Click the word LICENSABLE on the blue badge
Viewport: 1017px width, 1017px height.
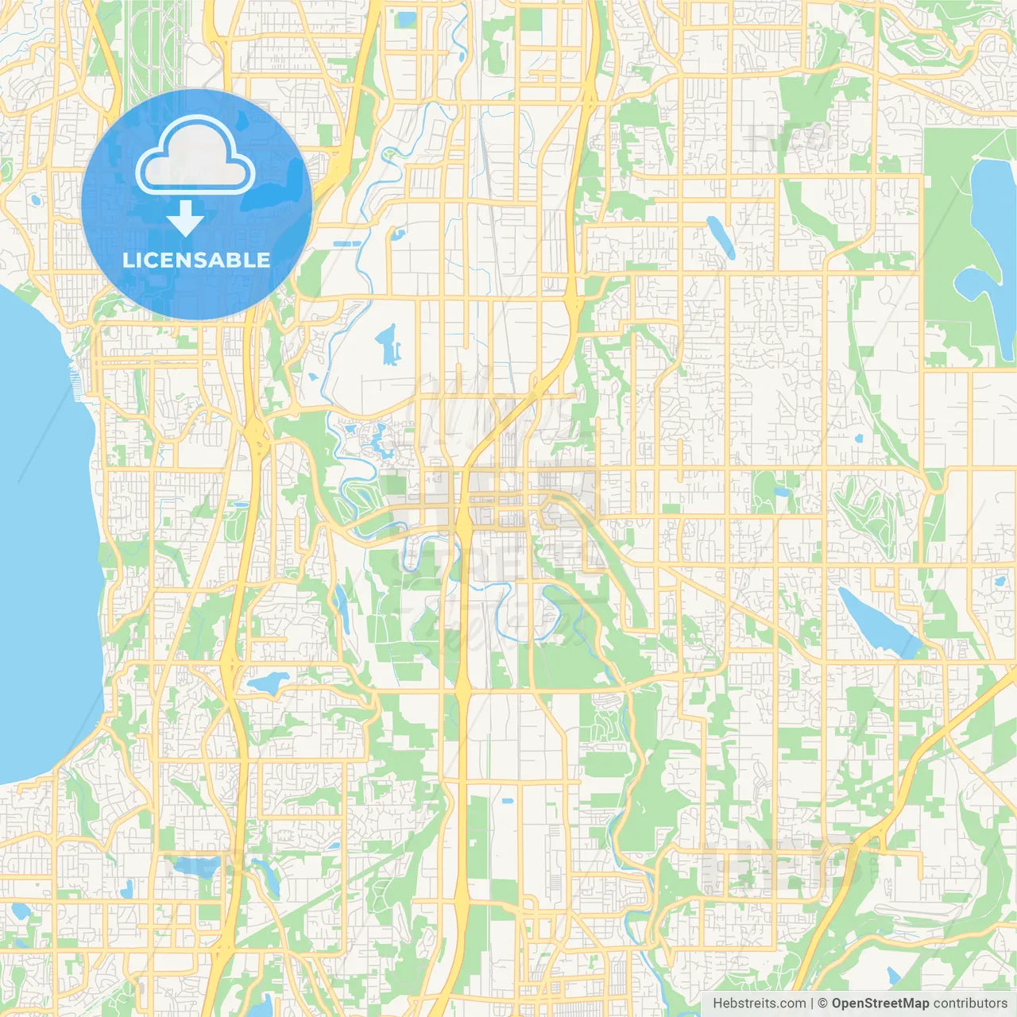(x=196, y=260)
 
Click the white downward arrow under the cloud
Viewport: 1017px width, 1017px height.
(x=185, y=218)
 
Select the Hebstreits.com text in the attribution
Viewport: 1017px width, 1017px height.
(x=759, y=1003)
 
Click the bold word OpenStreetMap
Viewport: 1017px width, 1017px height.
(x=880, y=1003)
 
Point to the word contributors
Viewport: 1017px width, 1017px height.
(x=969, y=1003)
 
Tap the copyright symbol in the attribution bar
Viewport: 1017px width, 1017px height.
(x=822, y=1003)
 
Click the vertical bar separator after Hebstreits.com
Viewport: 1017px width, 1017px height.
(x=812, y=1003)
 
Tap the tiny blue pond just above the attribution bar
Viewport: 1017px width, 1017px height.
(x=894, y=975)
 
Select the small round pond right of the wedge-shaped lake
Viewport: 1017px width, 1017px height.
(x=999, y=582)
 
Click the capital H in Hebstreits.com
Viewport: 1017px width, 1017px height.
(x=718, y=1003)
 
